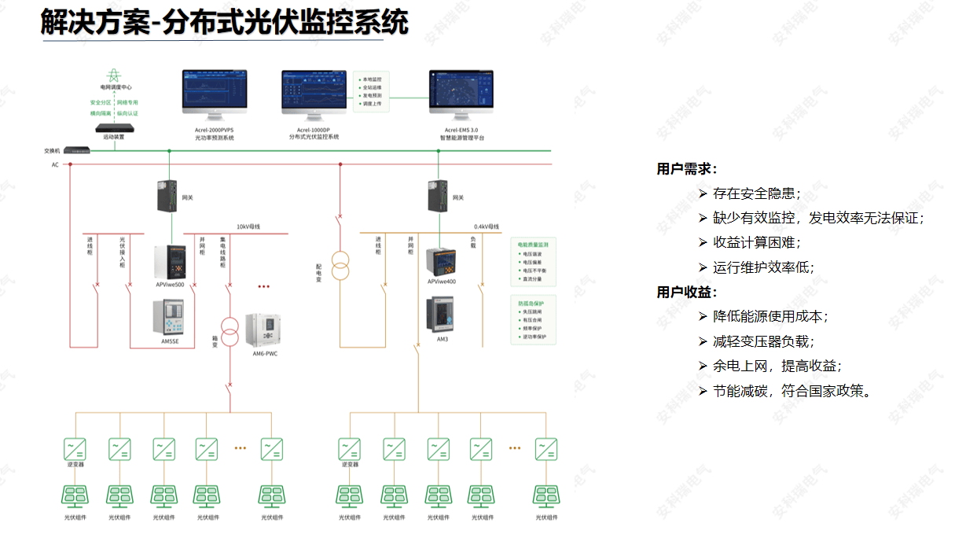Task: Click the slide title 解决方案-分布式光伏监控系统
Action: click(224, 22)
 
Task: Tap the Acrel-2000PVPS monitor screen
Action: click(215, 90)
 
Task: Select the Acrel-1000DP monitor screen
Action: click(314, 90)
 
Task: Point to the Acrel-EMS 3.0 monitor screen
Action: click(461, 90)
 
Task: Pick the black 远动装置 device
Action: click(115, 127)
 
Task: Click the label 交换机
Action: click(52, 150)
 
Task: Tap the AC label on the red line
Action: click(55, 164)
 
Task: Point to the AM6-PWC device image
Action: click(264, 330)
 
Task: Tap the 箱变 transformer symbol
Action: click(230, 333)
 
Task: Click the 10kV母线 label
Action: click(248, 226)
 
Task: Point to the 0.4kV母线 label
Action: click(487, 226)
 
